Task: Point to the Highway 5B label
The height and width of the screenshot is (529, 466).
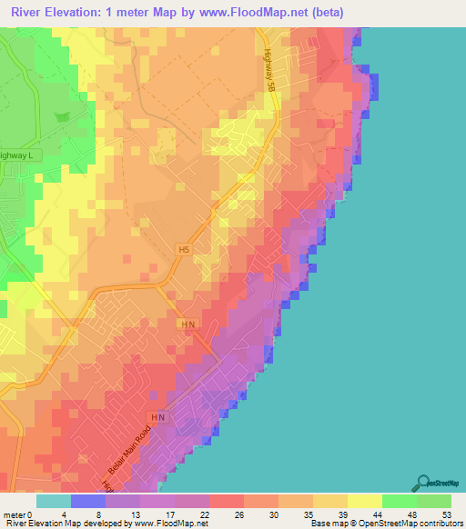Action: pos(269,69)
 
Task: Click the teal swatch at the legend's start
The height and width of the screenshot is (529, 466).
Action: pos(53,501)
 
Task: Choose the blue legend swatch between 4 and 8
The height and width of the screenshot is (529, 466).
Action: pos(87,501)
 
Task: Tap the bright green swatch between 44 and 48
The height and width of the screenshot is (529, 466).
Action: pos(399,501)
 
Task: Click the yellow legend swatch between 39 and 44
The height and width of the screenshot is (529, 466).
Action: pos(364,501)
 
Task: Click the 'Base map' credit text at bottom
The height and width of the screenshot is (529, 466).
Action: pos(326,524)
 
